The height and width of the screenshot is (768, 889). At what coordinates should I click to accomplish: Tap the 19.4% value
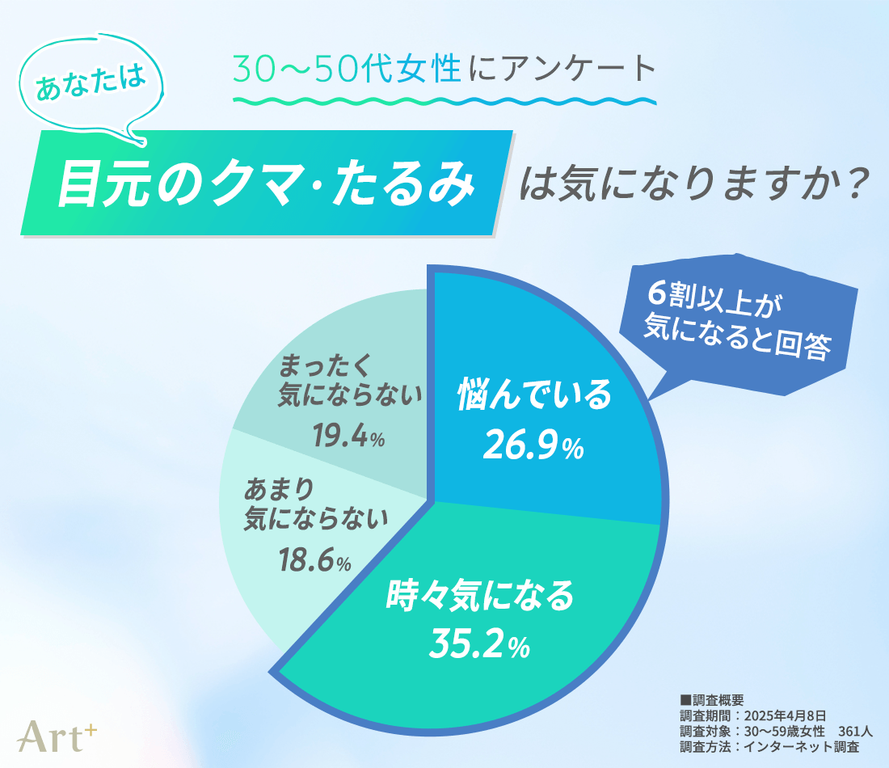pyautogui.click(x=348, y=437)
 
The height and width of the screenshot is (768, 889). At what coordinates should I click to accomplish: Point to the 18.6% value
pyautogui.click(x=314, y=560)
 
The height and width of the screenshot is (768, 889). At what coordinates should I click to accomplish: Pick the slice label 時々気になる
pyautogui.click(x=479, y=597)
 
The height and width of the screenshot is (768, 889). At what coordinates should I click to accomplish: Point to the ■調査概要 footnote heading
pyautogui.click(x=711, y=700)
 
